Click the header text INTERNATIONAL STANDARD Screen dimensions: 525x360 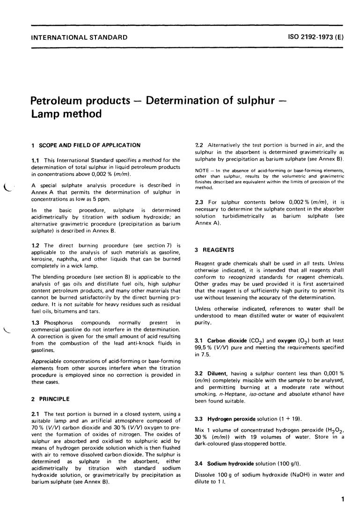[x=79, y=36]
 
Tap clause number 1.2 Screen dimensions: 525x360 [x=35, y=245]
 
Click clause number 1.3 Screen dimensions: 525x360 [x=35, y=322]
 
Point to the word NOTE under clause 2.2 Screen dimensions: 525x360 [x=201, y=170]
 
